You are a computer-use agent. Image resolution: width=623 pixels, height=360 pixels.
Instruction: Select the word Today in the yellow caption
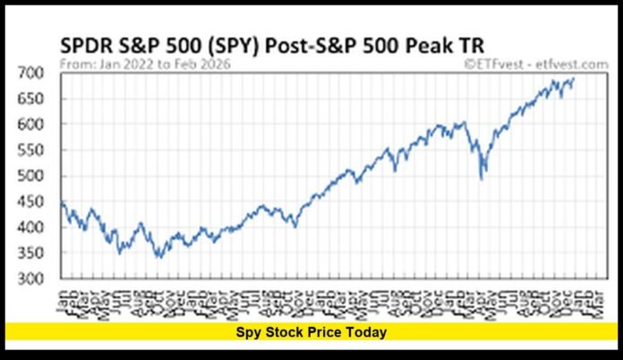(x=367, y=332)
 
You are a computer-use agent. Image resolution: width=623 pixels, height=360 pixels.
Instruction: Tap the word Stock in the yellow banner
(x=288, y=332)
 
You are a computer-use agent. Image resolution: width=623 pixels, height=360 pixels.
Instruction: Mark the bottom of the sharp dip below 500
(x=483, y=178)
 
